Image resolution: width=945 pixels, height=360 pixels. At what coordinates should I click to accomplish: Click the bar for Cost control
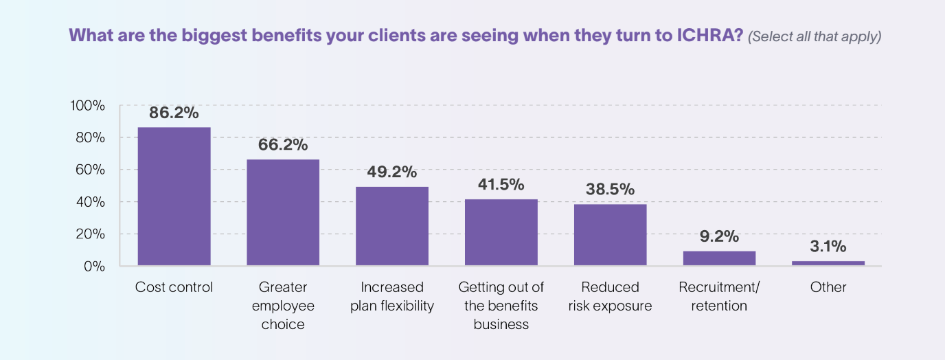[174, 196]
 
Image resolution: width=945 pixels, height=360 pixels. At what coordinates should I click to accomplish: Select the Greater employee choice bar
[283, 212]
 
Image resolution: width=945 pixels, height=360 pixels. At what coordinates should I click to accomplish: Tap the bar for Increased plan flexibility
[392, 226]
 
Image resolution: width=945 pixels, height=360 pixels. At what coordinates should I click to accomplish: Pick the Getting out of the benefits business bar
[501, 232]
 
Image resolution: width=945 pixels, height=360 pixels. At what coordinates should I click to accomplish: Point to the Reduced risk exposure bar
[610, 234]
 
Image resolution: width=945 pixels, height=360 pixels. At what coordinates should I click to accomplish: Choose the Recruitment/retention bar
[719, 258]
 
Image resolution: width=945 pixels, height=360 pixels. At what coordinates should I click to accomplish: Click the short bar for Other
[828, 263]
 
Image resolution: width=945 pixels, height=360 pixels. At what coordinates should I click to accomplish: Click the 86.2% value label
[174, 113]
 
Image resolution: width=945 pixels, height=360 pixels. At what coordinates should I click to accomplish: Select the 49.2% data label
[392, 172]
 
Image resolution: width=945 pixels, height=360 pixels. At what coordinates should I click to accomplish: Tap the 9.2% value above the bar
[719, 237]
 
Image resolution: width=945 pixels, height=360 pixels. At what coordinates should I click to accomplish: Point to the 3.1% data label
[828, 247]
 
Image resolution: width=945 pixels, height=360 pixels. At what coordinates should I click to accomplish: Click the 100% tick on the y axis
[87, 106]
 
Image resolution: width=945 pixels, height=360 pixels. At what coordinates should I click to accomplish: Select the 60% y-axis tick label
[90, 170]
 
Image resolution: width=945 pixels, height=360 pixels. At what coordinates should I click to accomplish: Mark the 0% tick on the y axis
[94, 266]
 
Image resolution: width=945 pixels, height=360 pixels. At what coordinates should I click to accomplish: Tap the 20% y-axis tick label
[90, 234]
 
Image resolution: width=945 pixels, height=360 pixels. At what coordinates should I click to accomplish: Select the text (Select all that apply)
[815, 36]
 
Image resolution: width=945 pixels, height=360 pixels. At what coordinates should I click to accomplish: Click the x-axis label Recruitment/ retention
[719, 296]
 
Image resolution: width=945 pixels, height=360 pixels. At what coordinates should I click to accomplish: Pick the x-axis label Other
[828, 287]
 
